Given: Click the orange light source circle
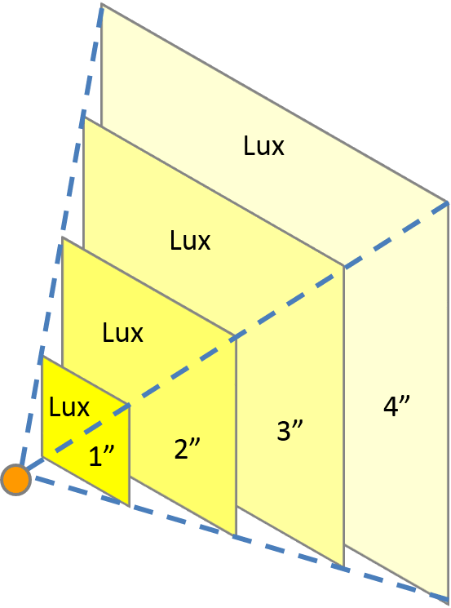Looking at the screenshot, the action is [x=15, y=480].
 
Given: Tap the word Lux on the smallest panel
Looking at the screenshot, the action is [x=69, y=407].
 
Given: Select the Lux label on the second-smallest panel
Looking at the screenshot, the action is [x=122, y=332].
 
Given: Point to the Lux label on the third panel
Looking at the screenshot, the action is [x=190, y=241].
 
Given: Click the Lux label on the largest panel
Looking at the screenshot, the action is [x=264, y=146].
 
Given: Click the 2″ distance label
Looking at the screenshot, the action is [x=187, y=449].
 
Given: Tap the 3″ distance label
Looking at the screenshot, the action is [x=290, y=429].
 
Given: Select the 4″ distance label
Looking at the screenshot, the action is [x=396, y=406].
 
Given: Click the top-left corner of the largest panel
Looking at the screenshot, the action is [x=101, y=4].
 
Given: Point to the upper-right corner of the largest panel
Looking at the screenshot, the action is [x=448, y=202].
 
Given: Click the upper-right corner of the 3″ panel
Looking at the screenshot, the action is [x=343, y=267].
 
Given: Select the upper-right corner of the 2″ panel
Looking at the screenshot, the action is [x=236, y=336].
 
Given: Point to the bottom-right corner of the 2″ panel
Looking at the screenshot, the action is [x=236, y=536].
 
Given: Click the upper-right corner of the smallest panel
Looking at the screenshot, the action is [x=129, y=405].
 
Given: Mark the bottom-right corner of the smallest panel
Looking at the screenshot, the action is [x=129, y=505].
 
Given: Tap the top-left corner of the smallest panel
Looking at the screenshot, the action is [x=42, y=357].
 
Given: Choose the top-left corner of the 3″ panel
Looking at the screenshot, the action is [x=83, y=117].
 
